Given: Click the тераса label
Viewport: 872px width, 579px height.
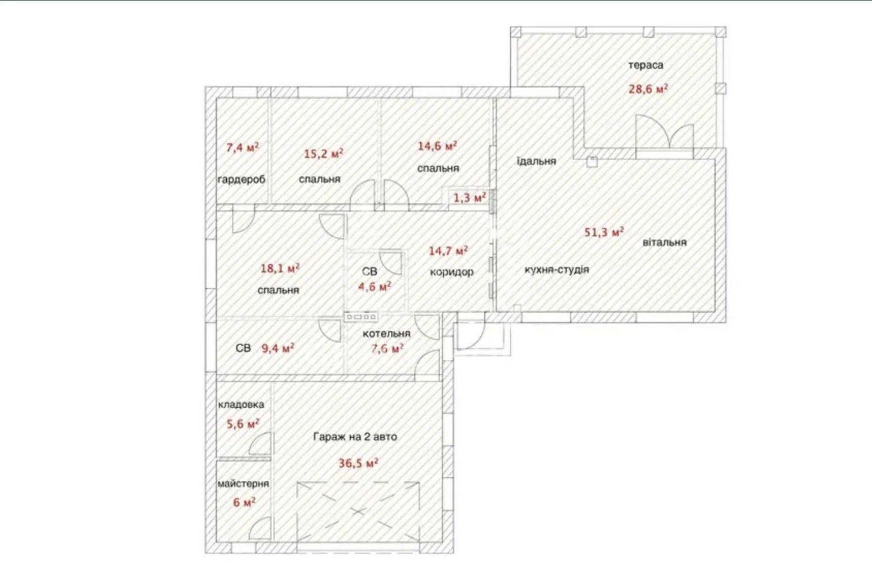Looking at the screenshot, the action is [645, 66].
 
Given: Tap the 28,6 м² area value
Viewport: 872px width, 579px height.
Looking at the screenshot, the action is [648, 88].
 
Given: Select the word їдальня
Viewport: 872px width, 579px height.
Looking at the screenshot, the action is [536, 161].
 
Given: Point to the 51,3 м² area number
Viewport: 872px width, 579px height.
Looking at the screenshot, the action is [604, 231].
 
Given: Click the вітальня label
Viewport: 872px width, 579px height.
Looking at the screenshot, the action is [665, 242].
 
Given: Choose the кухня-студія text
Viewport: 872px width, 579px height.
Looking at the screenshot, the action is [557, 270].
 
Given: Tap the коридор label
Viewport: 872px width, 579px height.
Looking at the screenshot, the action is [452, 272].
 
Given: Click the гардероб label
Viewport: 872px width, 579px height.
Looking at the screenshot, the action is [241, 180].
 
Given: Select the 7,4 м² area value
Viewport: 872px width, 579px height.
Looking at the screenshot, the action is [242, 147].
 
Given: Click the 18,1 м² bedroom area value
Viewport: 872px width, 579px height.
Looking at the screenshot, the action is [280, 268].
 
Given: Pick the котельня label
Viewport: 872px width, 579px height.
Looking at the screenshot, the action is [386, 333].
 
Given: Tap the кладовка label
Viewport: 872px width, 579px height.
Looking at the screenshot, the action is [241, 405].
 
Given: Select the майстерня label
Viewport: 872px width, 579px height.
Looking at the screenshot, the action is [243, 483].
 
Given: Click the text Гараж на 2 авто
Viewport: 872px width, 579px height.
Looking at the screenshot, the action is [355, 437].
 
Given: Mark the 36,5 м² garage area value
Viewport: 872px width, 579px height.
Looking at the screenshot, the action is [358, 463].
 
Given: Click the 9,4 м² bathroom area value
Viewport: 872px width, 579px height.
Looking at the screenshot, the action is [278, 348].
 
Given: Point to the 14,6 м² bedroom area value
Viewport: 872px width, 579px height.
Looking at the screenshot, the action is [437, 146].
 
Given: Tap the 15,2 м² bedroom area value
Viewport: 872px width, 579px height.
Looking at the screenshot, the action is [324, 153].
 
